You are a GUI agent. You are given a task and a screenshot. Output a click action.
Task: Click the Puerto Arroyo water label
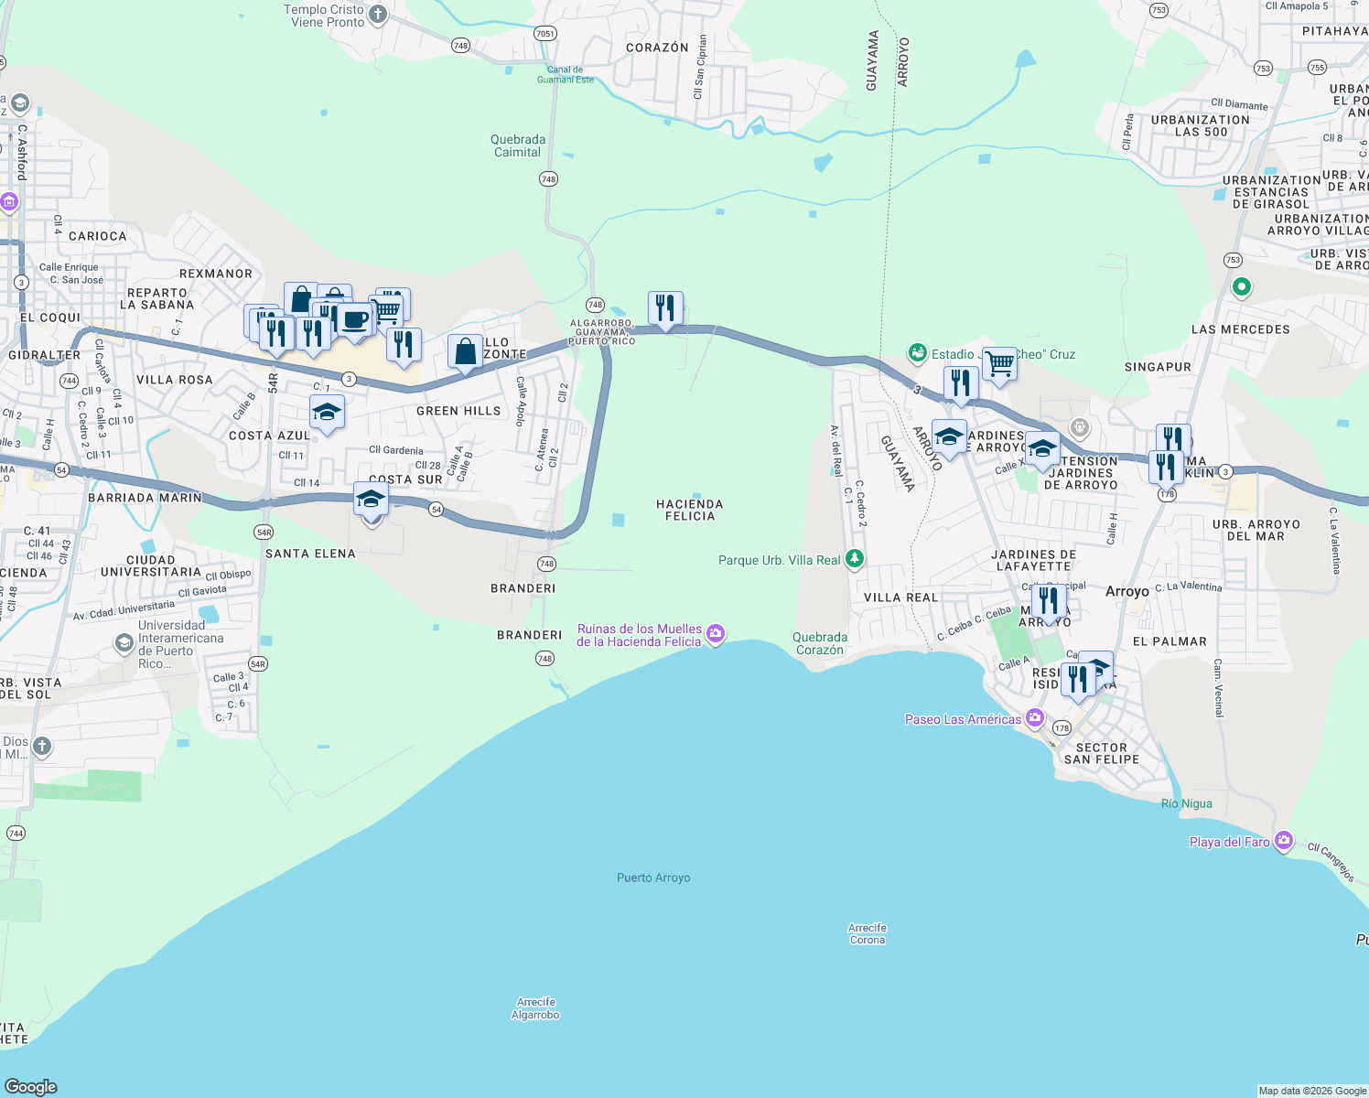click(x=653, y=877)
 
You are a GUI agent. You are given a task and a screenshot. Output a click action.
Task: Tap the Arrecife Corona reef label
click(x=868, y=933)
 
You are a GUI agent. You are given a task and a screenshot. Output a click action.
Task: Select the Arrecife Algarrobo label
click(x=535, y=1008)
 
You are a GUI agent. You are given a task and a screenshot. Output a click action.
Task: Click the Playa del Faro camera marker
click(x=1284, y=840)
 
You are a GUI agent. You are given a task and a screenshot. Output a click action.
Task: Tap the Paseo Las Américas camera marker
click(x=1035, y=717)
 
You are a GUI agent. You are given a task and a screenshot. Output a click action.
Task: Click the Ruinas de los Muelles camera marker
click(x=716, y=633)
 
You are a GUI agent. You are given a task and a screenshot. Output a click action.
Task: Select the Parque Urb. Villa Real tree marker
click(x=854, y=558)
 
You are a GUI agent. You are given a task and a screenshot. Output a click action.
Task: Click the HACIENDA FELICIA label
click(x=690, y=510)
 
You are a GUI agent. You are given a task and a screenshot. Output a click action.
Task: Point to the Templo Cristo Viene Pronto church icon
click(x=378, y=15)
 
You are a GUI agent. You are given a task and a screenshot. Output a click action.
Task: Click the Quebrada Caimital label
click(x=518, y=145)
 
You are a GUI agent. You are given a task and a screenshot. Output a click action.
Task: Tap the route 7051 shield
click(x=544, y=34)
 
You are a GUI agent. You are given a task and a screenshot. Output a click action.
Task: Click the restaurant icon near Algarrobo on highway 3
click(x=665, y=308)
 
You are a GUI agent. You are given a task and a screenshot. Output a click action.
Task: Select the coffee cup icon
click(x=355, y=320)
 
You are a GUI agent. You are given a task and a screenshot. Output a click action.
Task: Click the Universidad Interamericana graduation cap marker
click(x=124, y=644)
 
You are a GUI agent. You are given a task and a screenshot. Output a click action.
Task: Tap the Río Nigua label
click(x=1186, y=803)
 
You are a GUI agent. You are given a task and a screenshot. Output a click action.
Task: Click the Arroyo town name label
click(x=1126, y=591)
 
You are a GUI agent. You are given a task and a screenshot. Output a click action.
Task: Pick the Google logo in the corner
click(x=31, y=1086)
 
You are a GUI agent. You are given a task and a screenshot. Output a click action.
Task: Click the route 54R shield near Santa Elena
click(x=264, y=532)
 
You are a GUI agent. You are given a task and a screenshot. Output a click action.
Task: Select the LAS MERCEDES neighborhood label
click(x=1240, y=329)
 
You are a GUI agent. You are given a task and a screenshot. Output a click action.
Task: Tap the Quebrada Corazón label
click(x=820, y=643)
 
